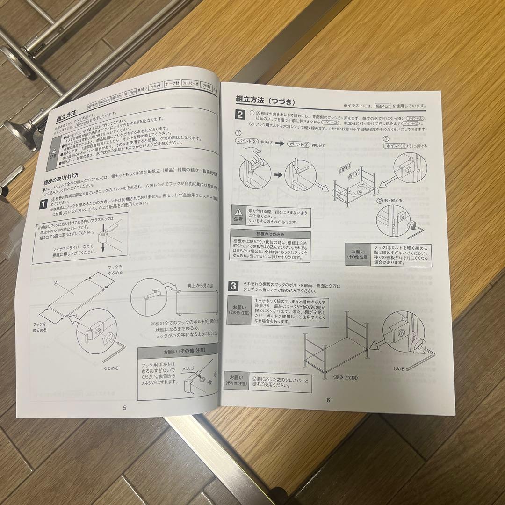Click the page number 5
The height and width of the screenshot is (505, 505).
point(124,407)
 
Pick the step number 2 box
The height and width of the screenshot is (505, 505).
point(239,115)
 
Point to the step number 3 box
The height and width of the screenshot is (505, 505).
point(234,285)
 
